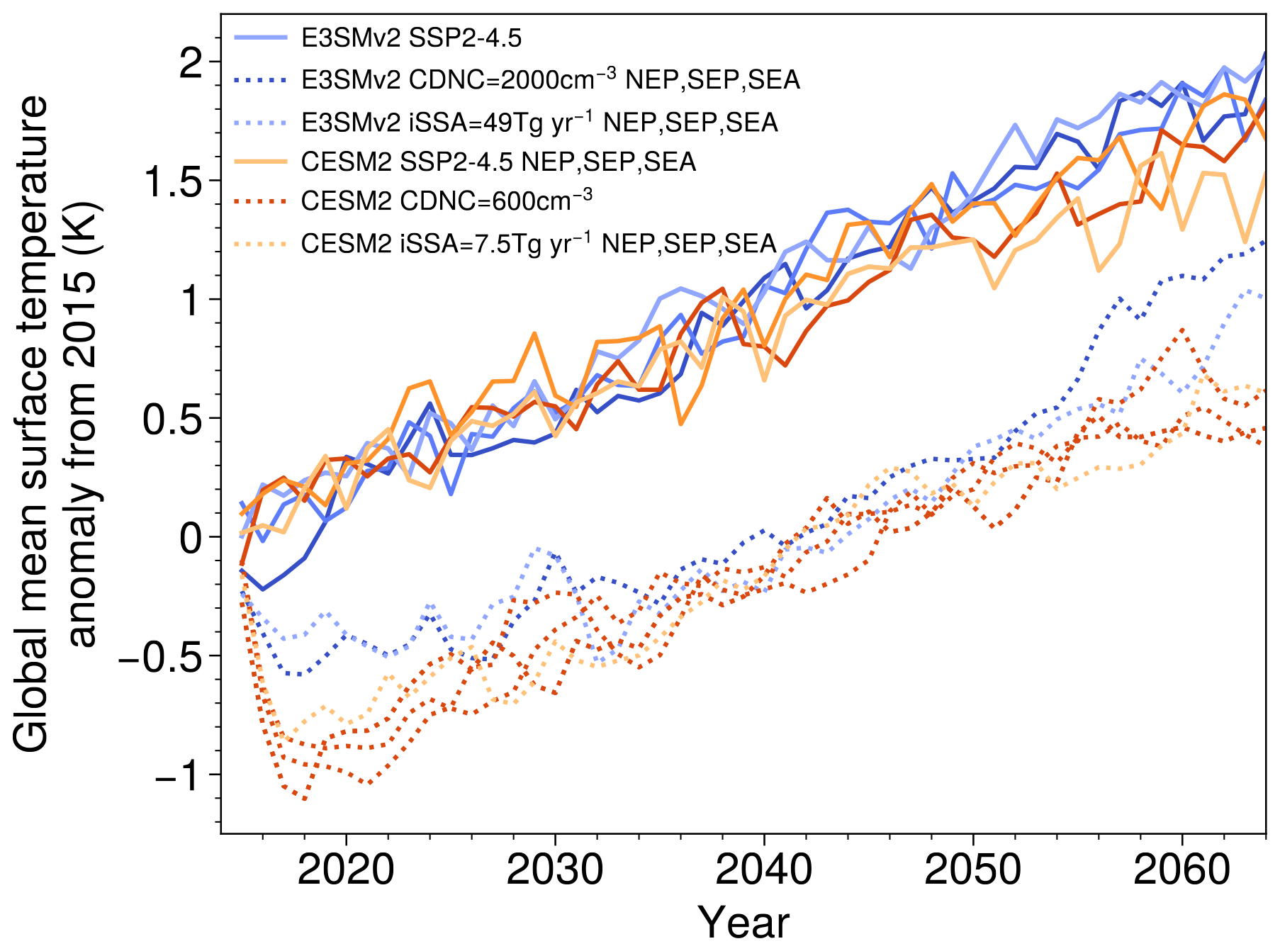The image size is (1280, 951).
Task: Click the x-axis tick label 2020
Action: (x=345, y=870)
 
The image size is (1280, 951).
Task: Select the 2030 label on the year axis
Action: (x=554, y=870)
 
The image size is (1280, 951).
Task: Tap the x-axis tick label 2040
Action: (x=763, y=870)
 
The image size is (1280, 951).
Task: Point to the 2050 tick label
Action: (x=972, y=870)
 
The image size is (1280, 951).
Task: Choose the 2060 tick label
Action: (x=1181, y=870)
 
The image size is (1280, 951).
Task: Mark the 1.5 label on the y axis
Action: (x=174, y=181)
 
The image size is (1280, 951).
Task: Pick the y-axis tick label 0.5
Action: (x=174, y=420)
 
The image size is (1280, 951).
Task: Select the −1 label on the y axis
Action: (x=177, y=777)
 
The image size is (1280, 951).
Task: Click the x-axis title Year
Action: (x=743, y=923)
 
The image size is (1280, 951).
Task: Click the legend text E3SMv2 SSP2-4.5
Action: (x=411, y=38)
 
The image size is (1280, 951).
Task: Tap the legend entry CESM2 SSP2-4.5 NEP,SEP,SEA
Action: (x=498, y=162)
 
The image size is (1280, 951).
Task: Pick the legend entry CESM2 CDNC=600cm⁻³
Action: (x=447, y=201)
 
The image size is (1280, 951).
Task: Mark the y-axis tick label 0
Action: (x=191, y=539)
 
